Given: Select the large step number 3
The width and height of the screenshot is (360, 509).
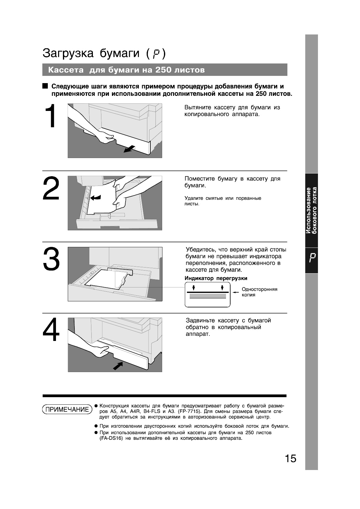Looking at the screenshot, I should [x=51, y=259].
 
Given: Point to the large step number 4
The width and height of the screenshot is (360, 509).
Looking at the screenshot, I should [x=51, y=330].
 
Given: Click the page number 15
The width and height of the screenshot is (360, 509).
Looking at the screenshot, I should [x=290, y=459].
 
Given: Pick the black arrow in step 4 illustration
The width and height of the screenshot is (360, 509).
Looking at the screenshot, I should [x=118, y=366].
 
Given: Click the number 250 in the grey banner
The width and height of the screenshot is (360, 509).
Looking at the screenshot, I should [x=163, y=70].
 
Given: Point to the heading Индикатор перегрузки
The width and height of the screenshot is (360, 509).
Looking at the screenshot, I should [x=216, y=278].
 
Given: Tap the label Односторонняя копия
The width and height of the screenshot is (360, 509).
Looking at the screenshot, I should [x=259, y=292].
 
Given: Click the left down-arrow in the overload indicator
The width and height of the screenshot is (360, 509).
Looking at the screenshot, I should [x=194, y=287].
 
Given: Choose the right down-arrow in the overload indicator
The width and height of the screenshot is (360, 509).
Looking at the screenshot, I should [x=222, y=287].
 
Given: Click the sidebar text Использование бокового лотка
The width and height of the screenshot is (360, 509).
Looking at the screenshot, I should [x=311, y=210].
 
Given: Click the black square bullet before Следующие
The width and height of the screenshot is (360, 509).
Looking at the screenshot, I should [x=45, y=86].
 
